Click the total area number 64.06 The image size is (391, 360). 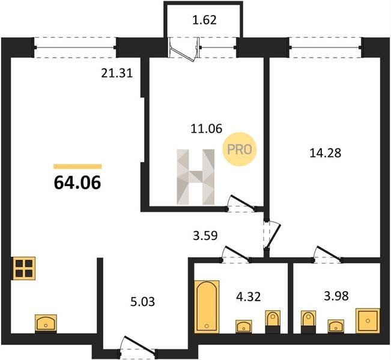77,182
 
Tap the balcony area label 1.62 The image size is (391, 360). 204,20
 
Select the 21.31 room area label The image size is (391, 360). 117,73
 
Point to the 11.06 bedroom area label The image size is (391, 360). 206,129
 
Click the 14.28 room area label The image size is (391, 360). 325,153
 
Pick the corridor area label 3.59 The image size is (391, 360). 205,235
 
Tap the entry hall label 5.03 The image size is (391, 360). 142,302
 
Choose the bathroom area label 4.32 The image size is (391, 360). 249,297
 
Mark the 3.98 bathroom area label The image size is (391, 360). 336,296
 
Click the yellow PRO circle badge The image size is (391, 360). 240,149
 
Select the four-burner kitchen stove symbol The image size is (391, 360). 24,268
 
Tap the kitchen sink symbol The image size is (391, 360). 46,323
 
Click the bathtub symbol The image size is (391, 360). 207,307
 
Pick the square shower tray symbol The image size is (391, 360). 368,320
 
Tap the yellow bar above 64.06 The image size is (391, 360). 77,166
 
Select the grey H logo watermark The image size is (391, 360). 196,177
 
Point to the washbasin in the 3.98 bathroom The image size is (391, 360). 336,326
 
